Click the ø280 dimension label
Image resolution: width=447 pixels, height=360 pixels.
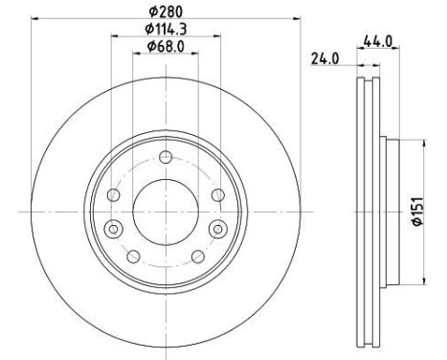pyautogui.click(x=166, y=12)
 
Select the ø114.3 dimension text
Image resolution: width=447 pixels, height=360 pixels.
pyautogui.click(x=166, y=29)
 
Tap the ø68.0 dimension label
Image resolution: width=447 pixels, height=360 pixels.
pyautogui.click(x=166, y=47)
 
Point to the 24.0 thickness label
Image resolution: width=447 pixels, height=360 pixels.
pyautogui.click(x=325, y=58)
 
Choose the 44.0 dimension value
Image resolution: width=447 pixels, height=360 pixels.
pyautogui.click(x=378, y=41)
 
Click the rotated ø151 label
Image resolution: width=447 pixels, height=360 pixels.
pyautogui.click(x=418, y=212)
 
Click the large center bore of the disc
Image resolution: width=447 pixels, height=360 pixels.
pyautogui.click(x=166, y=212)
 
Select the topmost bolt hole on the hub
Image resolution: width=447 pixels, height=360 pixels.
pyautogui.click(x=166, y=157)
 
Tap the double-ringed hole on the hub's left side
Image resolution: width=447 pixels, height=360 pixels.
pyautogui.click(x=114, y=229)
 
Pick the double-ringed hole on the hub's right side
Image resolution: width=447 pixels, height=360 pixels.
pyautogui.click(x=218, y=229)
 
